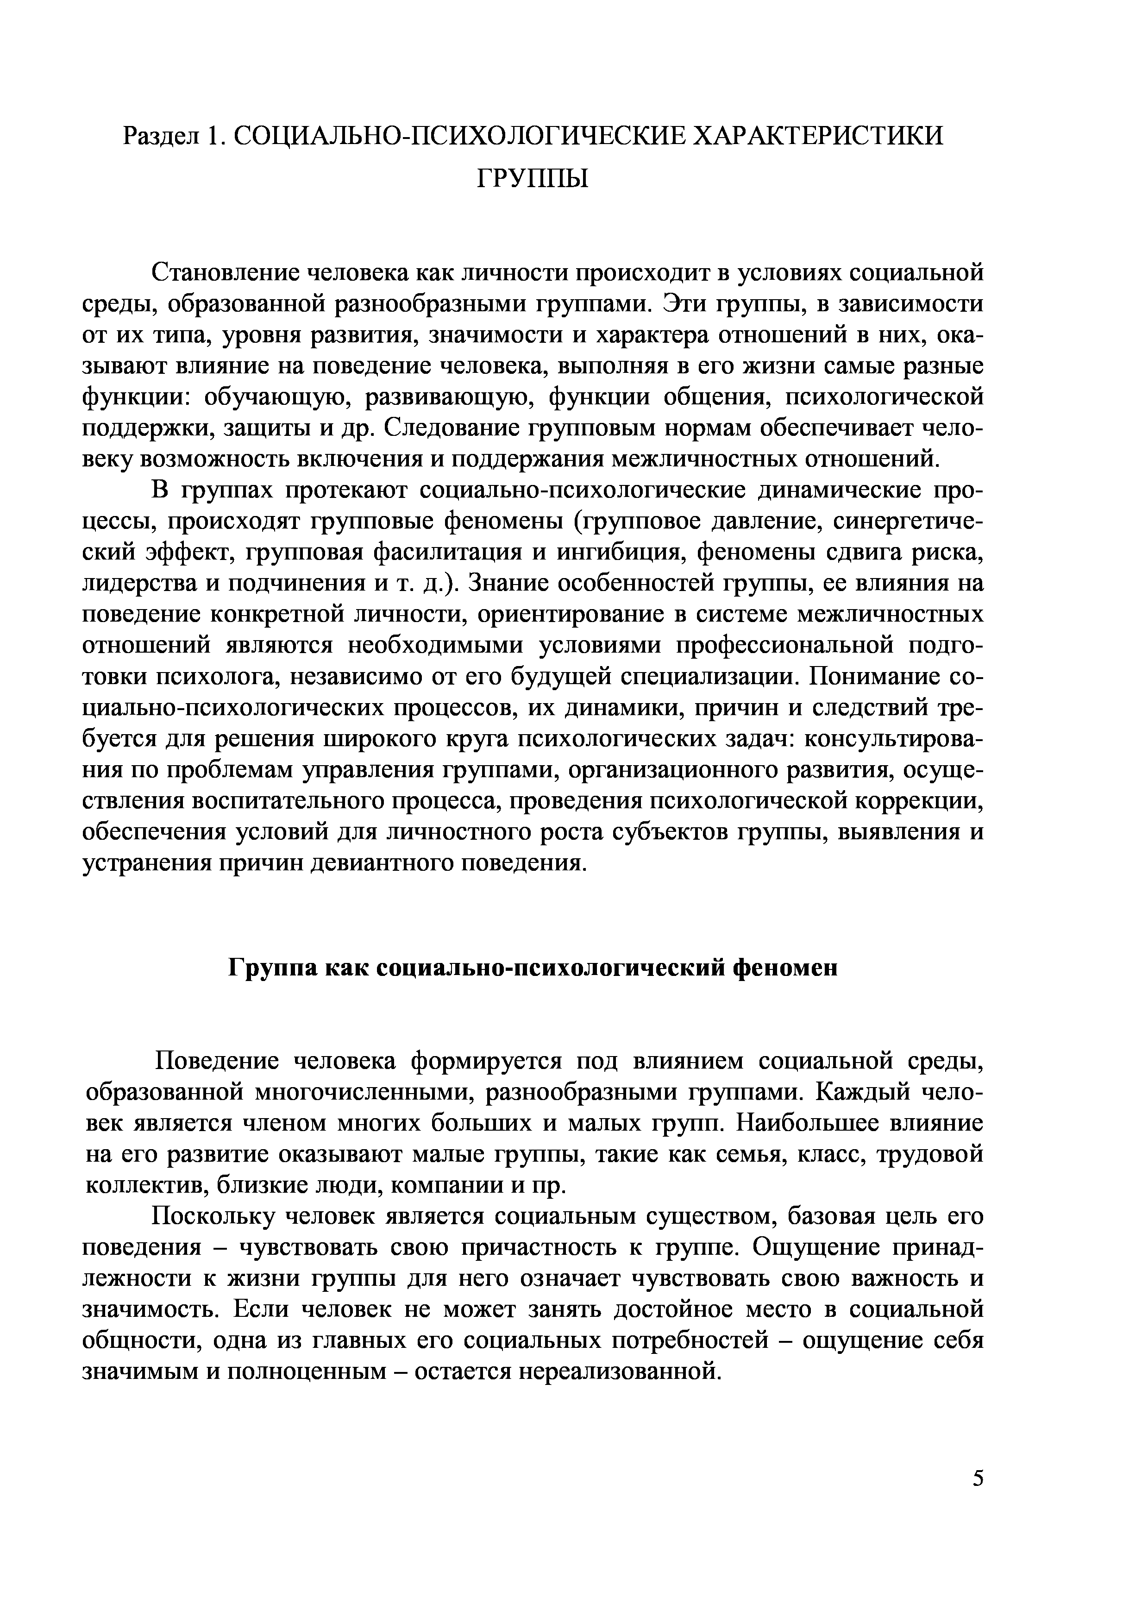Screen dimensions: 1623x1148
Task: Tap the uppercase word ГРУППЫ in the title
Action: click(532, 180)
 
